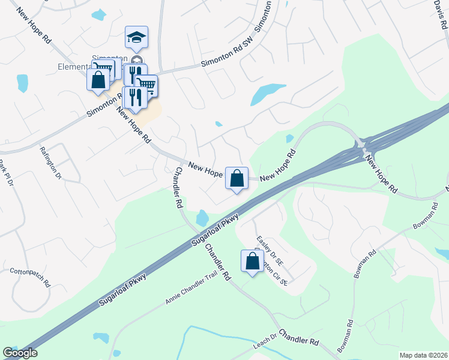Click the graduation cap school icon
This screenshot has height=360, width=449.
coord(136,37)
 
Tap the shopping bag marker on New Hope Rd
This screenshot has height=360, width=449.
coord(237,178)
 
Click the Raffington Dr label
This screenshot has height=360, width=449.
coord(51,163)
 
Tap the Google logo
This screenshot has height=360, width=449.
coord(20,353)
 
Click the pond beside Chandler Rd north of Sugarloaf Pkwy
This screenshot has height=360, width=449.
coord(202,217)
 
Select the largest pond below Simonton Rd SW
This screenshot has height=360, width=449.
coord(268,93)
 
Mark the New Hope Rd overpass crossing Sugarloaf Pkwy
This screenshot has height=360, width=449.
coord(364,146)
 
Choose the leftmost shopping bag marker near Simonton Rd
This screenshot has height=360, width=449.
coord(97,80)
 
